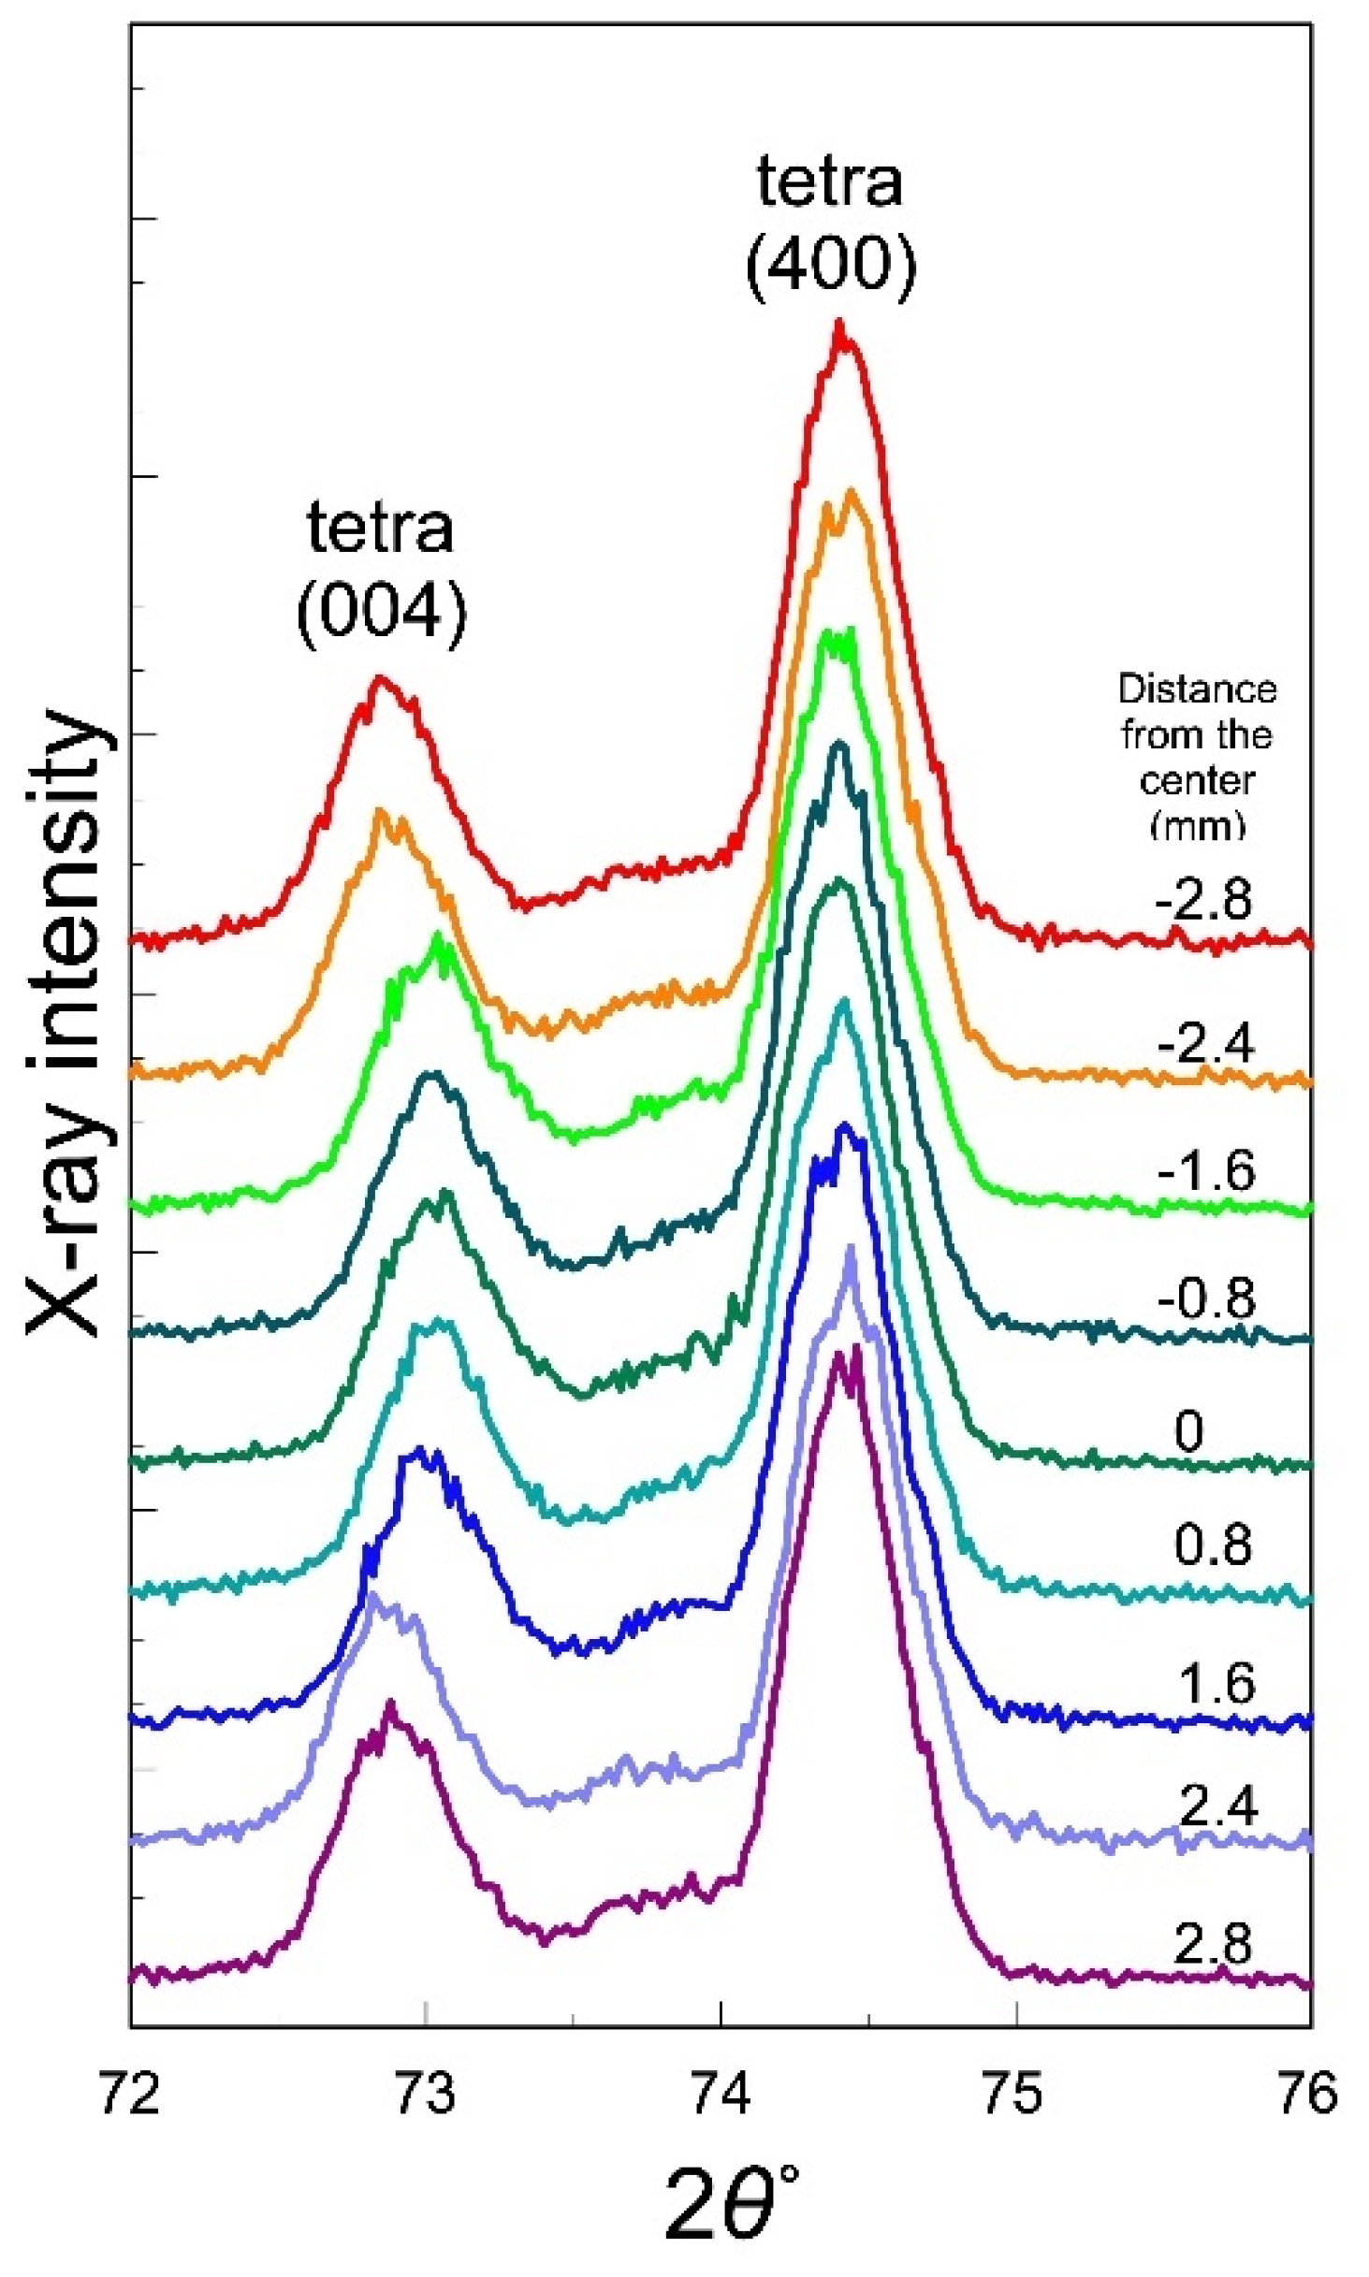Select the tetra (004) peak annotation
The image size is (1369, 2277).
[x=381, y=572]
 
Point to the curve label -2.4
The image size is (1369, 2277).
[x=1205, y=1042]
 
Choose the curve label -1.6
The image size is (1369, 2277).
[x=1205, y=1170]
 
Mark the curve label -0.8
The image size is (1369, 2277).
[x=1205, y=1298]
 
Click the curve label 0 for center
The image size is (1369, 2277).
[x=1188, y=1431]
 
